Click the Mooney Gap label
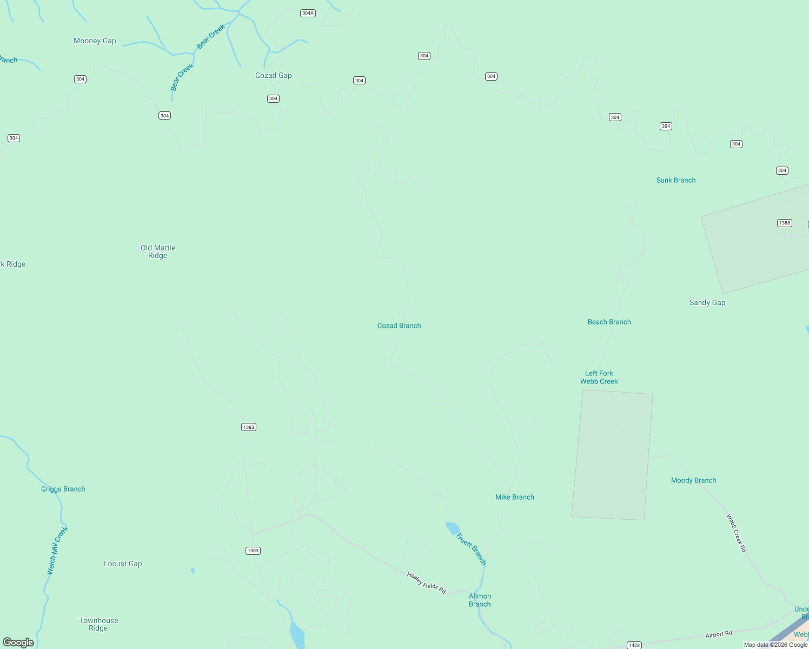point(95,41)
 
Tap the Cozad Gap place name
point(274,76)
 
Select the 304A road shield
point(308,13)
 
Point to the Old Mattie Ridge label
point(158,251)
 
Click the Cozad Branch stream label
point(399,326)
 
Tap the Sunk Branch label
point(676,180)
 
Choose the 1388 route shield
point(784,223)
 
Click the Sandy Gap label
point(707,303)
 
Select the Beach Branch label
point(609,322)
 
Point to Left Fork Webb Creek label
point(599,377)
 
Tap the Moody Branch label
point(693,480)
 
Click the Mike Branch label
point(515,497)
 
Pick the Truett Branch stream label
point(471,549)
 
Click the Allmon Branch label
point(480,600)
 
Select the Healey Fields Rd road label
point(427,583)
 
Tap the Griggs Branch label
point(63,489)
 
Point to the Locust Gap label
point(123,564)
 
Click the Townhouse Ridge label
point(98,624)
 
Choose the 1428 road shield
point(634,645)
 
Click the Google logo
point(18,643)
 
